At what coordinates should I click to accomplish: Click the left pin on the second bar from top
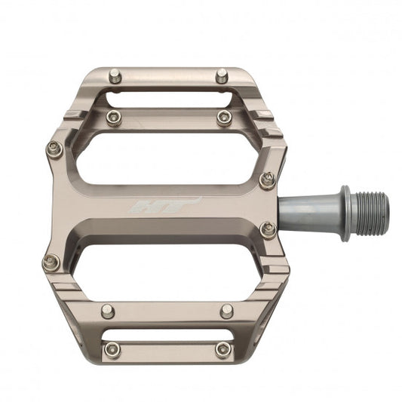113,118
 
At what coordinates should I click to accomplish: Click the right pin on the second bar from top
224,118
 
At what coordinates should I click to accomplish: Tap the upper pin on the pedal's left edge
54,149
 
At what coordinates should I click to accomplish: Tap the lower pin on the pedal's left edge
51,262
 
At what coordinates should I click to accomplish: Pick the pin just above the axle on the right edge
267,179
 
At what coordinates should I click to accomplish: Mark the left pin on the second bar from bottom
109,311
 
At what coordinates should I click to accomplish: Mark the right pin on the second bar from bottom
226,311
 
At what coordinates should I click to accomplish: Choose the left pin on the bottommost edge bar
112,349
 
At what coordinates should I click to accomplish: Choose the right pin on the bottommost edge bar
222,349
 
